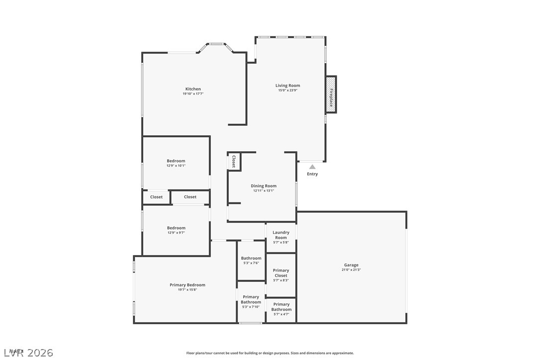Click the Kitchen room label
(193, 89)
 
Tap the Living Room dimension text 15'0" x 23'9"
(288, 90)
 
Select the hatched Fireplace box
(331, 94)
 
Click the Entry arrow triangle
(312, 167)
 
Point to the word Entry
(312, 174)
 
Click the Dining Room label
(264, 186)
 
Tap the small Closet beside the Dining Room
(234, 162)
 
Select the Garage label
(351, 265)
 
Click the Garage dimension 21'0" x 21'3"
(351, 270)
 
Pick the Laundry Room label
(281, 235)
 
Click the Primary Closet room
(281, 275)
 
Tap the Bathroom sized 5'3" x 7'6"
(251, 260)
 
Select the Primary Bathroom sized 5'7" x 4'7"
(281, 309)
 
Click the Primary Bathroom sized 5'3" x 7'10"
(251, 301)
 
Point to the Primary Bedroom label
(187, 285)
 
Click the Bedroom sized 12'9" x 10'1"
(176, 163)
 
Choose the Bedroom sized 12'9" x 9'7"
(176, 230)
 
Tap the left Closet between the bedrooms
(157, 197)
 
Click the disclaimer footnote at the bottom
(270, 353)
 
